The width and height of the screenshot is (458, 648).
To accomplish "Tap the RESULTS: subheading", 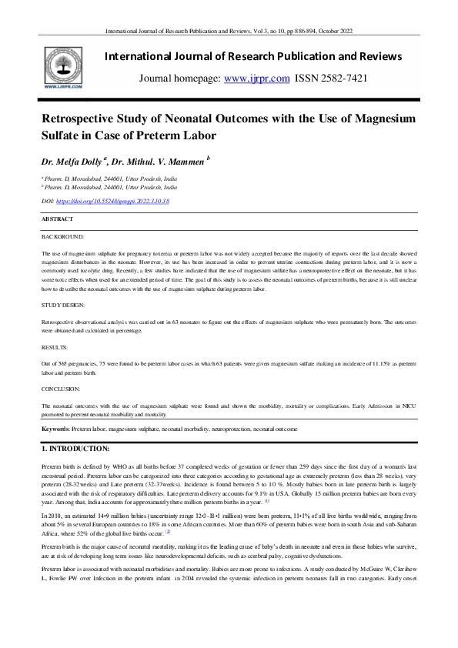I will click(x=55, y=347).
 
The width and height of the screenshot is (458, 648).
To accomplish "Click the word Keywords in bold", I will click(x=55, y=427).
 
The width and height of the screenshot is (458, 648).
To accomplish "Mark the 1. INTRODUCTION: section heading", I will click(x=75, y=448).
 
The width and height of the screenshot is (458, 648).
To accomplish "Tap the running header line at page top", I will click(x=229, y=32).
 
